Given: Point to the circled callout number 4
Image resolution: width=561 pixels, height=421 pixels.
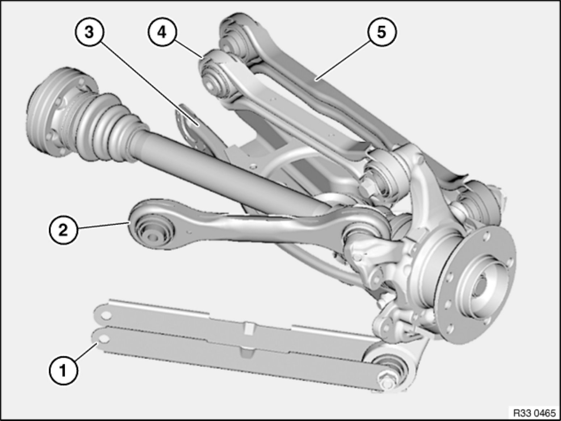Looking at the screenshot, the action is [162, 33].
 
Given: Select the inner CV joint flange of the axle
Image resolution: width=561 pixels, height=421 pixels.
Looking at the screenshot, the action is [61, 112].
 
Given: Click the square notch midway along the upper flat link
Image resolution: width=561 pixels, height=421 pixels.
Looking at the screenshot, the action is [248, 328].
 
